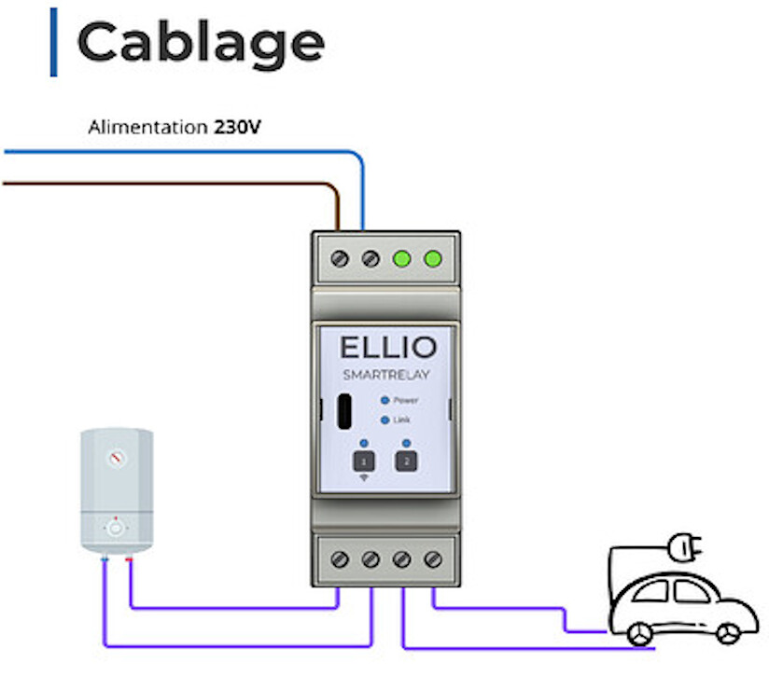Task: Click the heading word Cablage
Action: pos(200,42)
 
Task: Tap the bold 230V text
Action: pos(236,126)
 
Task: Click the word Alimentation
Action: pos(147,126)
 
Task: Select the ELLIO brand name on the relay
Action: pos(387,348)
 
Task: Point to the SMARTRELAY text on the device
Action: pos(386,376)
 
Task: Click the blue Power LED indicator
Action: pos(384,400)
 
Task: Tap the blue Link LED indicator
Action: pos(384,420)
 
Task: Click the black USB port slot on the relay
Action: pos(343,411)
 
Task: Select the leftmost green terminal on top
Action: pos(401,258)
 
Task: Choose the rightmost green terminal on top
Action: pos(432,258)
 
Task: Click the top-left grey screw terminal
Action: pos(340,258)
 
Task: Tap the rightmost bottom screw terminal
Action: pos(432,559)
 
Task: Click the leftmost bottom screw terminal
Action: pos(340,559)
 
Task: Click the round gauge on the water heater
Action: pos(115,458)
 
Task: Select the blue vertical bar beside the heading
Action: pos(53,42)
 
